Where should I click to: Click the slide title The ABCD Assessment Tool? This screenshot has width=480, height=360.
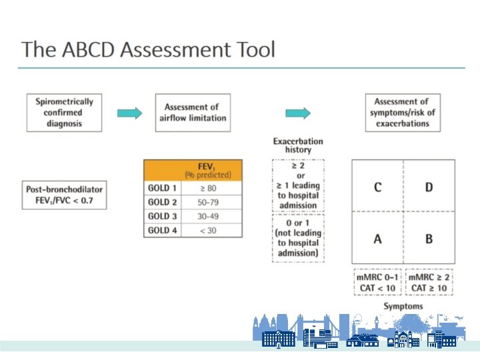pyautogui.click(x=148, y=49)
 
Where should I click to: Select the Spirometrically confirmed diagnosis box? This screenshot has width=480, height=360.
pyautogui.click(x=64, y=113)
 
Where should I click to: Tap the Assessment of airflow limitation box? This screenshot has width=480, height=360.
pyautogui.click(x=192, y=113)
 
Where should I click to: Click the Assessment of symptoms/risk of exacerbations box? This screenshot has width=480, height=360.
pyautogui.click(x=405, y=113)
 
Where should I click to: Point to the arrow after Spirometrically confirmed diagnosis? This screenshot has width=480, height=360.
pyautogui.click(x=129, y=113)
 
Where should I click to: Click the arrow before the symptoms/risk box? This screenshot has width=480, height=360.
pyautogui.click(x=298, y=113)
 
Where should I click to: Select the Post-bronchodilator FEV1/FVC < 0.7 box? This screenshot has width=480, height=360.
pyautogui.click(x=64, y=194)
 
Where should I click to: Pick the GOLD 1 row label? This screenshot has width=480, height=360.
pyautogui.click(x=163, y=188)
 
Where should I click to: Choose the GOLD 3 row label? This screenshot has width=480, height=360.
pyautogui.click(x=163, y=216)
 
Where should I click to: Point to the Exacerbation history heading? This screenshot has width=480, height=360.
pyautogui.click(x=298, y=145)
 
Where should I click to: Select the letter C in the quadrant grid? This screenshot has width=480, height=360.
pyautogui.click(x=377, y=187)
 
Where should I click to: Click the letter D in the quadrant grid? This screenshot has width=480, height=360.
pyautogui.click(x=429, y=187)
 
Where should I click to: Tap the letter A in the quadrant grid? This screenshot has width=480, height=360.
pyautogui.click(x=377, y=238)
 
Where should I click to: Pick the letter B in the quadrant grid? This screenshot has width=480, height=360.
pyautogui.click(x=429, y=238)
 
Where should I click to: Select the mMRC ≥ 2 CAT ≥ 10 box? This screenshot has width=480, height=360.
pyautogui.click(x=429, y=283)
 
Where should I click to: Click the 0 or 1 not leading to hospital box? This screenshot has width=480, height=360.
pyautogui.click(x=298, y=237)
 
